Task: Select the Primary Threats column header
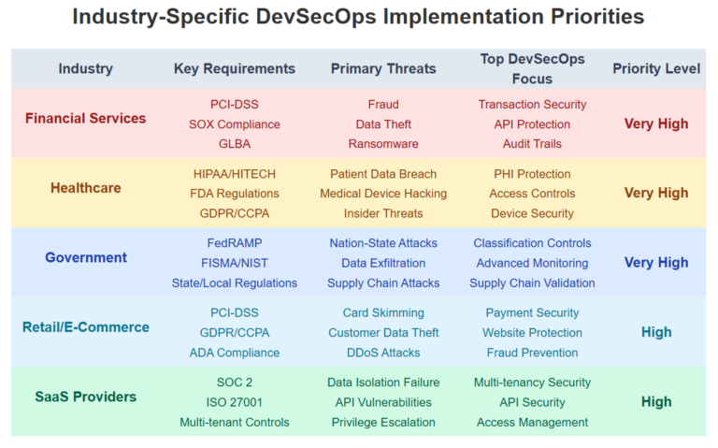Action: coord(383,68)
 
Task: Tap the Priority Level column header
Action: coord(655,68)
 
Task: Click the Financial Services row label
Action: coord(85,119)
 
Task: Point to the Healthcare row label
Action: coord(85,188)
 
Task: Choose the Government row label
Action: coord(85,257)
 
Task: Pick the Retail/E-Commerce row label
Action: coord(85,327)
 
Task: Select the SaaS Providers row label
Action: coord(85,397)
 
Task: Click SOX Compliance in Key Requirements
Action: coord(234,124)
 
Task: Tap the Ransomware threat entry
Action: coord(383,144)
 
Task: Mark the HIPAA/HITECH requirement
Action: coord(234,174)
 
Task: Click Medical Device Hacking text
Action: coord(383,194)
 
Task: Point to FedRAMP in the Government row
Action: coord(234,243)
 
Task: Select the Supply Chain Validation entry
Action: coord(532,283)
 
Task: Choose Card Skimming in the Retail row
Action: coord(383,312)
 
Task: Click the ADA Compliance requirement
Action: coord(234,353)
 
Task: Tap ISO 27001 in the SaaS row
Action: coord(234,402)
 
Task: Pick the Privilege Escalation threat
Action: coord(383,422)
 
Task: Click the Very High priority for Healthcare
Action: coord(655,194)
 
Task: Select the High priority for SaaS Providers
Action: coord(655,402)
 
